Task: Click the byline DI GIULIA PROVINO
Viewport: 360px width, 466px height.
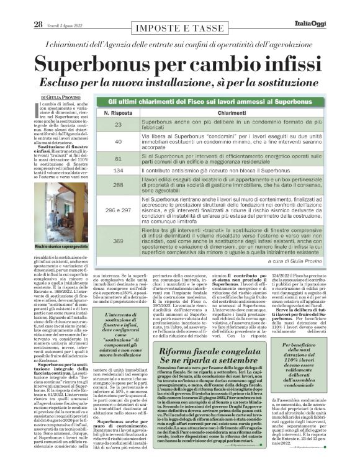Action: [x=61, y=97]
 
